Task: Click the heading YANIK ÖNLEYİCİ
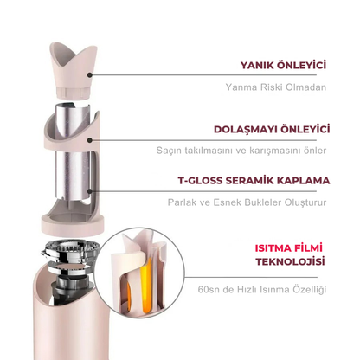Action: click(283, 65)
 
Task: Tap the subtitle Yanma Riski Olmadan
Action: click(276, 87)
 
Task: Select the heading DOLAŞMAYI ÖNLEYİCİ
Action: click(272, 129)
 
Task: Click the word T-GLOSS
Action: click(200, 181)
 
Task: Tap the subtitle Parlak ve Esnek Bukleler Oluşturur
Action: click(247, 202)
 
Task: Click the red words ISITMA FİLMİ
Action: click(289, 248)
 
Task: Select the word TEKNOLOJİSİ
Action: click(290, 261)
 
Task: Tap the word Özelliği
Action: click(310, 289)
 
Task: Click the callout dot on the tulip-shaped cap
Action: click(90, 75)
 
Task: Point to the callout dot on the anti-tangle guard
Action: click(90, 140)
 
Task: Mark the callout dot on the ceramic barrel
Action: click(90, 191)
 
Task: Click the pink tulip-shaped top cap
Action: click(74, 70)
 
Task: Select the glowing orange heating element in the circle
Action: click(146, 286)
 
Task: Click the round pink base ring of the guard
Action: click(73, 223)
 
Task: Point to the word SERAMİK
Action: click(250, 181)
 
